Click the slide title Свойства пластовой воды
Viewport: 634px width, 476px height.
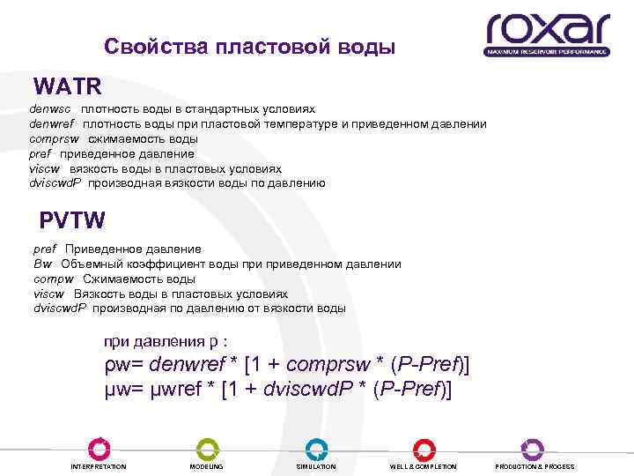tap(249, 46)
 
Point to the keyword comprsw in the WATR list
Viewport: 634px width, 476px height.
tap(54, 139)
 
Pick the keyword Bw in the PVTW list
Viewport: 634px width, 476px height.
tap(42, 264)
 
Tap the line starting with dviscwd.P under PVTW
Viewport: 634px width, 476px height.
tap(188, 309)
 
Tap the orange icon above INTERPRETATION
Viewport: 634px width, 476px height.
tap(99, 449)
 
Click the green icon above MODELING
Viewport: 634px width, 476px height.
tap(207, 449)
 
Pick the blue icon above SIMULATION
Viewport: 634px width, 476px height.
tap(316, 449)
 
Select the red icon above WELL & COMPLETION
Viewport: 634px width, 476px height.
tap(424, 449)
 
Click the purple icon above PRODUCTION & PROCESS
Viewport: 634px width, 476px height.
tap(533, 449)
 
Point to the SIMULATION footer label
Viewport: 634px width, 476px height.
tap(316, 466)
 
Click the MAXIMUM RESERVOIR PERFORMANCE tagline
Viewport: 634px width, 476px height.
tap(547, 53)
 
